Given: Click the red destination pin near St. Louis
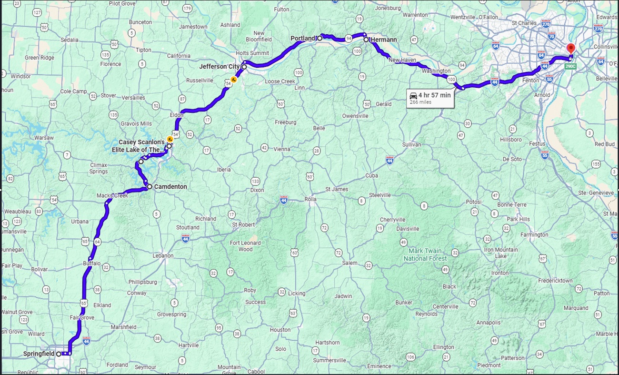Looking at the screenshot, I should click(x=570, y=49).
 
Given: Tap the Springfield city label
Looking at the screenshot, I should click(x=39, y=354).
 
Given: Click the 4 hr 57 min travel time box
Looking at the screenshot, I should click(x=430, y=98).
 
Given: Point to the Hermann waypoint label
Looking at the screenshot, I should click(x=384, y=40).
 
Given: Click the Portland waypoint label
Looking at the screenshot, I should click(x=303, y=38).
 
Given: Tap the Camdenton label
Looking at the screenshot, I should click(x=170, y=187).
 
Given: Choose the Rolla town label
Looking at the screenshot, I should click(x=310, y=199).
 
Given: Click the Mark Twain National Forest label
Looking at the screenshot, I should click(x=425, y=254).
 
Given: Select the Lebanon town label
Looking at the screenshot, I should click(x=163, y=255).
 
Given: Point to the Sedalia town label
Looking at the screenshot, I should click(x=70, y=40).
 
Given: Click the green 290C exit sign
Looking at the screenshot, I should click(x=570, y=67).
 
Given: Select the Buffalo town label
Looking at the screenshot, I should click(x=92, y=263).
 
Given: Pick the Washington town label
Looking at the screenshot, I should click(x=436, y=71).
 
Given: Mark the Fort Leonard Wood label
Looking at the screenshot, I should click(x=245, y=246).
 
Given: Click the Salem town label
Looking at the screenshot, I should click(x=349, y=263).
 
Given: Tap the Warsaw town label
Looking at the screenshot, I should click(x=44, y=138).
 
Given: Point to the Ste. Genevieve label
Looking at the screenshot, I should click(x=595, y=193).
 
